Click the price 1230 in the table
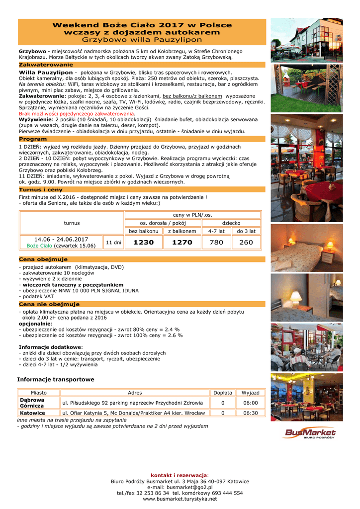click(x=144, y=243)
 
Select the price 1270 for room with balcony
click(x=182, y=243)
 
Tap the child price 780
click(x=216, y=243)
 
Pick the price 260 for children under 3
click(x=246, y=243)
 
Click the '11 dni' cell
click(x=113, y=243)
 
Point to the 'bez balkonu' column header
click(x=144, y=231)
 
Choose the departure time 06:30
click(x=251, y=413)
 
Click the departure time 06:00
click(x=251, y=403)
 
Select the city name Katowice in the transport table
click(x=33, y=413)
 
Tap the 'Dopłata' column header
click(x=223, y=393)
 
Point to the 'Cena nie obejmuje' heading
click(x=49, y=304)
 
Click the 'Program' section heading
click(x=33, y=139)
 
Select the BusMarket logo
click(x=309, y=433)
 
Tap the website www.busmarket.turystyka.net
click(x=180, y=499)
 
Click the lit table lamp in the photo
click(x=296, y=297)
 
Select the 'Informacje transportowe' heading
click(x=56, y=380)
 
